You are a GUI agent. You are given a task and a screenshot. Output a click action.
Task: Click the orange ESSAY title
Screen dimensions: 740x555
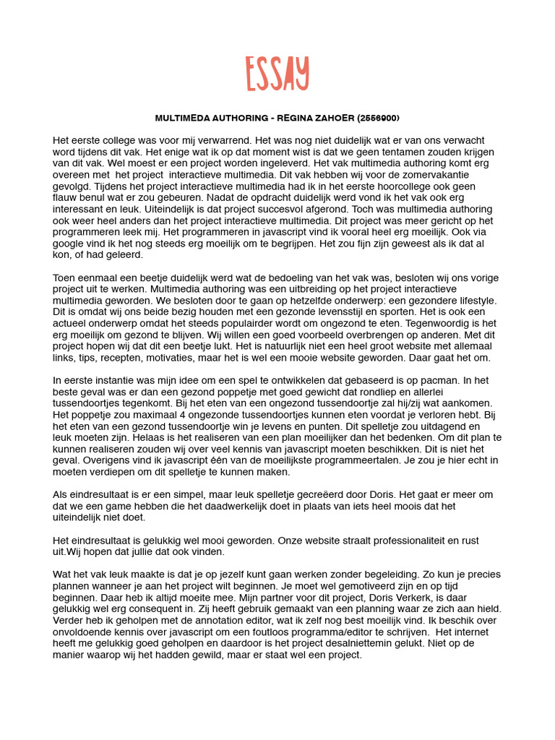tap(277, 74)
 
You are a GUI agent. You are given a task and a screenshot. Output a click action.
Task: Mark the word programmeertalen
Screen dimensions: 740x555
tap(327, 460)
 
